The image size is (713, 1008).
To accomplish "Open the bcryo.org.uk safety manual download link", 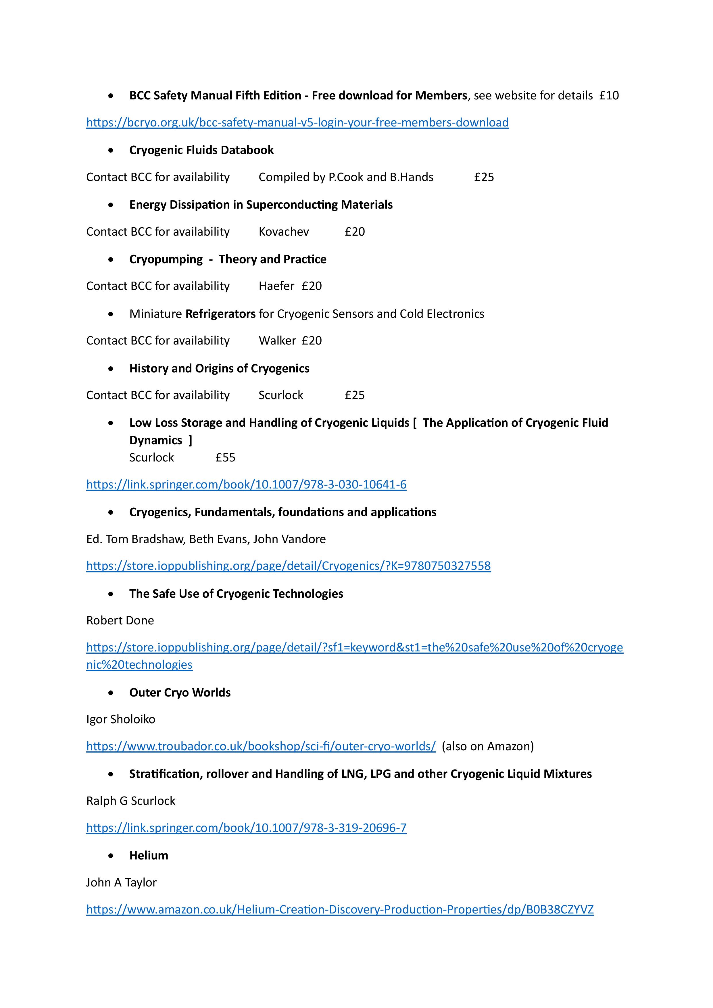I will point(297,122).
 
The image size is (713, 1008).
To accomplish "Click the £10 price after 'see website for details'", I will point(609,96).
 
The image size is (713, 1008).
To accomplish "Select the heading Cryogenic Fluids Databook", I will point(201,150).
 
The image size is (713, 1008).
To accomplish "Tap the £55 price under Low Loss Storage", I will point(225,457).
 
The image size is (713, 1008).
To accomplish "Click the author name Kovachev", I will point(284,232).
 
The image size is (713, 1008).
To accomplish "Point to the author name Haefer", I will point(276,286).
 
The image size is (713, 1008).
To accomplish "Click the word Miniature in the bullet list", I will point(155,314).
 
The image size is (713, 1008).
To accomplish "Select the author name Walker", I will point(277,341).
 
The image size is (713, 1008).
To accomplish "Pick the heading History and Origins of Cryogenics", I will point(219,368).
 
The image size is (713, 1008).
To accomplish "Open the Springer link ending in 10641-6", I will point(246,485).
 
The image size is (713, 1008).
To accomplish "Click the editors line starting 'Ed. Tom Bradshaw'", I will point(206,539).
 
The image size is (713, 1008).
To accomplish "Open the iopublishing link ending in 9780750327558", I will point(289,566).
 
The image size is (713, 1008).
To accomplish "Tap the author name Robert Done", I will point(120,620).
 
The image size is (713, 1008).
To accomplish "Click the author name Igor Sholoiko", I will point(121,719).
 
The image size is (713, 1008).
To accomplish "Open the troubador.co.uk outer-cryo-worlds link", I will point(261,746).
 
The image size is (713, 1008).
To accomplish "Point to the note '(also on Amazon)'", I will point(487,746).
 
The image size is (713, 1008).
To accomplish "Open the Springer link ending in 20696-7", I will point(246,828).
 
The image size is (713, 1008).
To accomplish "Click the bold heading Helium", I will point(148,855).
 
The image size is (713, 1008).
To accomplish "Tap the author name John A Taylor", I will point(121,882).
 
